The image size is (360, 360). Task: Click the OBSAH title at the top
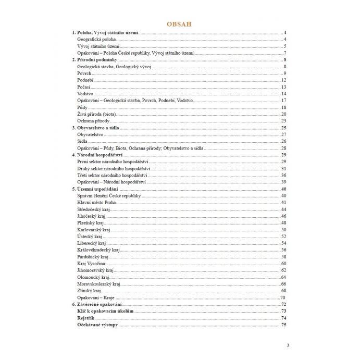tap(180, 24)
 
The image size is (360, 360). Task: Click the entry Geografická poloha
tap(96, 40)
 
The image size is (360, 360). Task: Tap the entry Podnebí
tap(85, 80)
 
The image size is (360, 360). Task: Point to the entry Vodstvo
tap(85, 94)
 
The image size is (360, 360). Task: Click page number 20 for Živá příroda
tap(284, 114)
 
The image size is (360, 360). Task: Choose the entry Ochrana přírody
tap(93, 121)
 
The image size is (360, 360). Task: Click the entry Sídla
tap(82, 141)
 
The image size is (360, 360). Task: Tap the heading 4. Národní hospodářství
tap(99, 155)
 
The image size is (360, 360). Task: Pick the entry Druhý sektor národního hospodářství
tap(114, 168)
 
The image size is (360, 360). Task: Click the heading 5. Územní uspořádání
tap(96, 189)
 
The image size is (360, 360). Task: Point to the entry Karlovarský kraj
tap(93, 229)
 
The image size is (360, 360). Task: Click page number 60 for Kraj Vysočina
tap(284, 263)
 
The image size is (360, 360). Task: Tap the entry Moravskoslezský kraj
tap(98, 284)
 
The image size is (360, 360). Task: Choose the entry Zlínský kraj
tap(89, 291)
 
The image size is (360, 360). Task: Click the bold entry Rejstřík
tap(86, 318)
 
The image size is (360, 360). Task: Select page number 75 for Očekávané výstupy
tap(284, 325)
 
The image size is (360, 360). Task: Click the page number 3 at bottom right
tap(288, 345)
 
